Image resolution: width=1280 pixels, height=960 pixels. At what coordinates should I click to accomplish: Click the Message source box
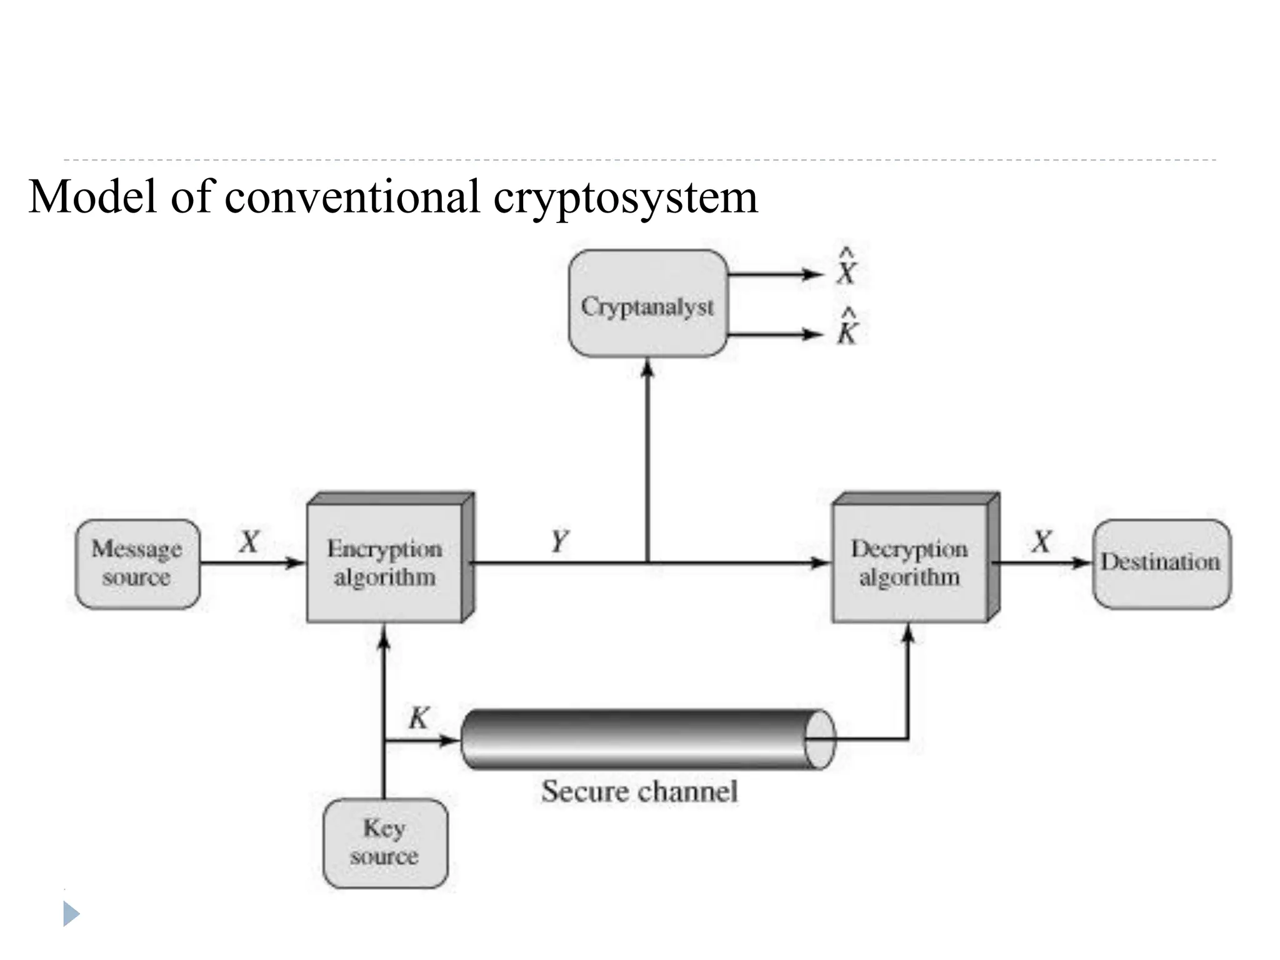[x=137, y=564]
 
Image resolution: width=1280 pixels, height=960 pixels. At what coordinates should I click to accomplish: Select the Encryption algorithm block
[x=385, y=562]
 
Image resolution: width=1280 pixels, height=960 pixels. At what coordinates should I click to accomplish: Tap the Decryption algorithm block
[x=910, y=562]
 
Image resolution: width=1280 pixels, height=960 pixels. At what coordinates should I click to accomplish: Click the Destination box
[x=1161, y=564]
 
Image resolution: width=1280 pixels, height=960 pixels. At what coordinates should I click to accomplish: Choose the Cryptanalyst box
[x=648, y=304]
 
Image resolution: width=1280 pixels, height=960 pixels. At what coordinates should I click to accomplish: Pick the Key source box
[x=385, y=842]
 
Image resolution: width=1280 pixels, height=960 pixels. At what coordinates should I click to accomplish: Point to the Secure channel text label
[x=639, y=791]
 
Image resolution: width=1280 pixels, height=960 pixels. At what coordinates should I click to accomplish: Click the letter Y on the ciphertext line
[x=559, y=541]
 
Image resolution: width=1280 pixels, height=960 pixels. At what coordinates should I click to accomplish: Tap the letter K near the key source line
[x=419, y=717]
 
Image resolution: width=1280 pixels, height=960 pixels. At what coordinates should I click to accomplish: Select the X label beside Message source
[x=249, y=541]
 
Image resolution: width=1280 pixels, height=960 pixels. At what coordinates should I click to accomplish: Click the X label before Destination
[x=1041, y=541]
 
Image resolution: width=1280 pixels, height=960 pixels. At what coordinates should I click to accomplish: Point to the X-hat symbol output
[x=846, y=267]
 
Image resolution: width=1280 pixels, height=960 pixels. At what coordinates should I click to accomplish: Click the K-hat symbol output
[x=847, y=327]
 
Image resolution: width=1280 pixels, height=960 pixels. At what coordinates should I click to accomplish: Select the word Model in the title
[x=92, y=196]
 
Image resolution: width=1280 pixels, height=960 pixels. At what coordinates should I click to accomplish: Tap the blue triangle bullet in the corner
[x=71, y=914]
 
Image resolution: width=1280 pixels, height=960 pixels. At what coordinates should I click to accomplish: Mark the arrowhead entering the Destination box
[x=1082, y=563]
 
